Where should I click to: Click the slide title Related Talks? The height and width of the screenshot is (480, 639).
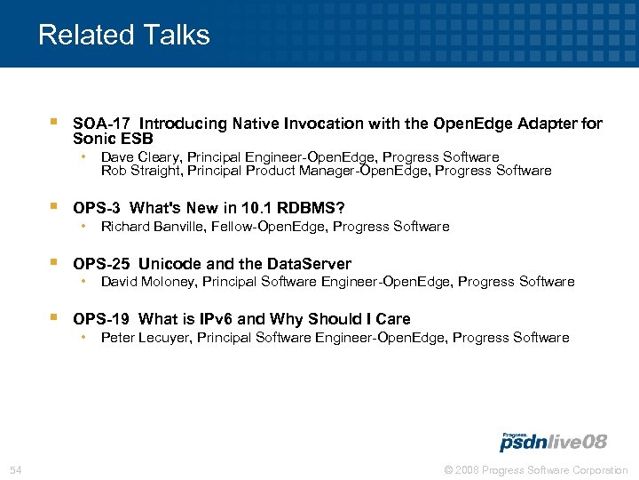124,35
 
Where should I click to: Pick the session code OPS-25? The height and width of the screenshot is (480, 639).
102,264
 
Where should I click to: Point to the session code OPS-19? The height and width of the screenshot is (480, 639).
102,319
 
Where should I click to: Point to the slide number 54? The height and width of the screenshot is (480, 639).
15,469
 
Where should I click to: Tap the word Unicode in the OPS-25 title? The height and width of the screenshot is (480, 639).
167,264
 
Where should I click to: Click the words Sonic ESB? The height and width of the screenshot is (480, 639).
113,139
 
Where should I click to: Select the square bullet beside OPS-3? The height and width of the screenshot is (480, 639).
55,206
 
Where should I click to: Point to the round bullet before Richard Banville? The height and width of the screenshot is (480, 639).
83,226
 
